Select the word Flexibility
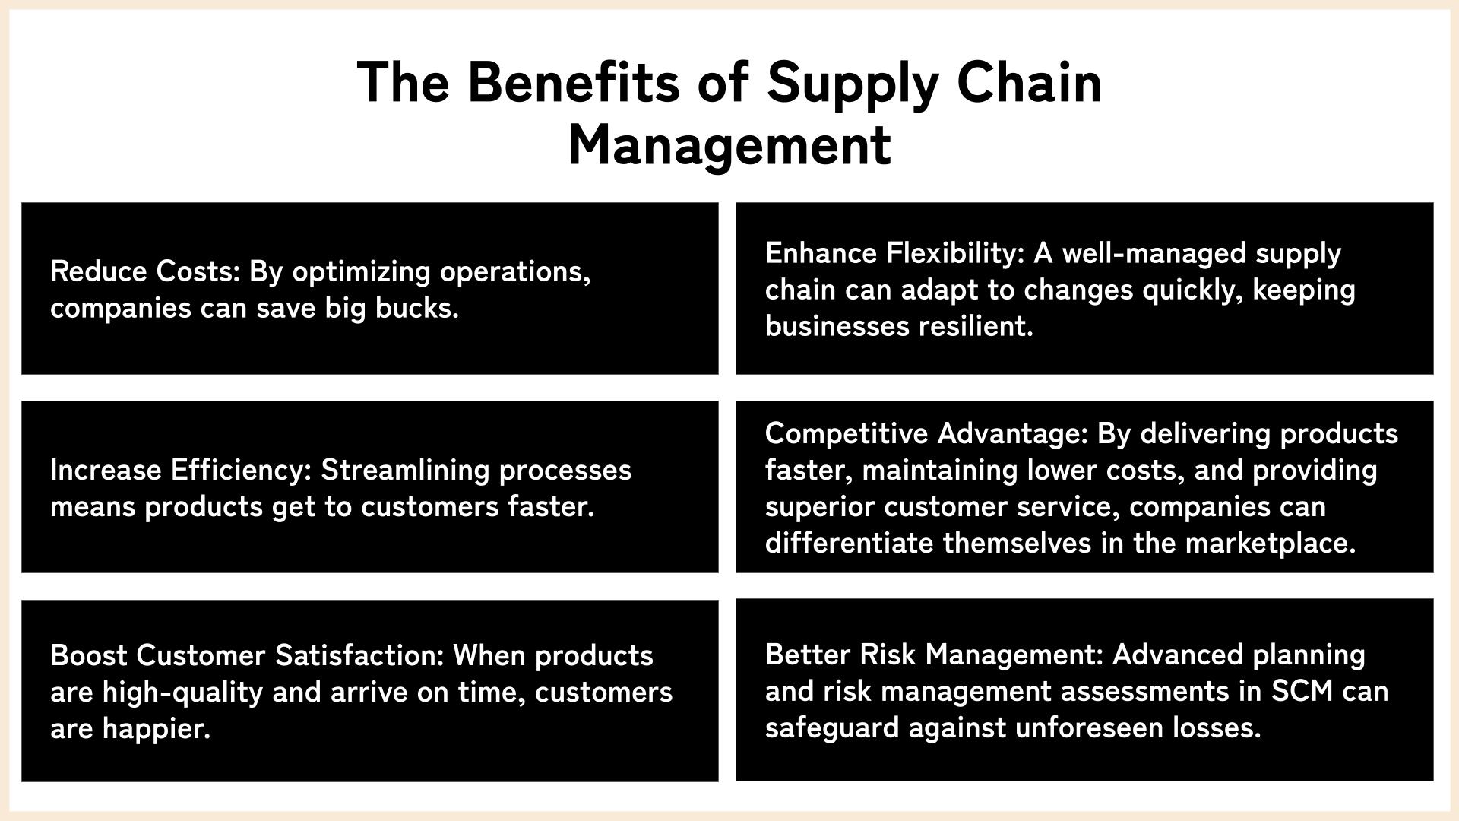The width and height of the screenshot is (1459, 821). click(x=956, y=253)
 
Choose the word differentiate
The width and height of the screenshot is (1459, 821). click(x=850, y=544)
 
